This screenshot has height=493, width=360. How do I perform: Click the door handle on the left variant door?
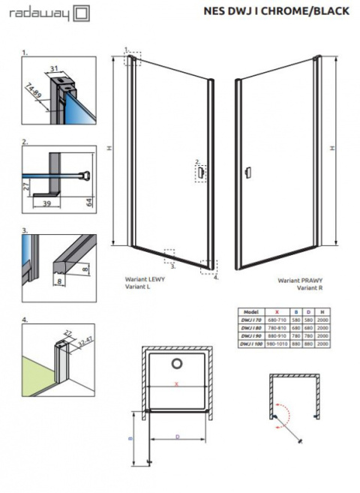point(201,173)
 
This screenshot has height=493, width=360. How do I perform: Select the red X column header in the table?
point(278,310)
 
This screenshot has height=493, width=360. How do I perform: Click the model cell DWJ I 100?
point(250,344)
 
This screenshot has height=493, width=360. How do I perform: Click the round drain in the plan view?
point(178,365)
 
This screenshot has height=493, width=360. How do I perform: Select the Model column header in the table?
point(250,310)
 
